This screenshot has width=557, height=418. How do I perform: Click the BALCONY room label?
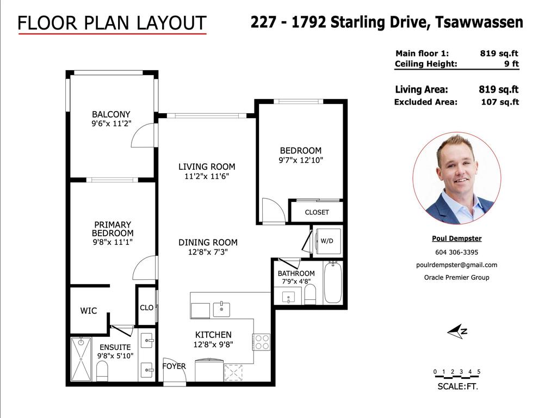(x=111, y=114)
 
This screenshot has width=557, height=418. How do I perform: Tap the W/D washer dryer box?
(x=327, y=241)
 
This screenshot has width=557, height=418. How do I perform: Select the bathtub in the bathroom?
(x=333, y=282)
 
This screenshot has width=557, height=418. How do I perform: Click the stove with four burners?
(x=262, y=342)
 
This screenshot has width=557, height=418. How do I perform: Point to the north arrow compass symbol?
(x=457, y=331)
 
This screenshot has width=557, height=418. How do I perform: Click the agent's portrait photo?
(x=457, y=179)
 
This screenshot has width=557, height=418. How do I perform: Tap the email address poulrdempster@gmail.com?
(x=457, y=265)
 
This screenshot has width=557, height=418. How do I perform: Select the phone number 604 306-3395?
(x=457, y=253)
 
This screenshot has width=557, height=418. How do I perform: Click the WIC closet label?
(x=89, y=311)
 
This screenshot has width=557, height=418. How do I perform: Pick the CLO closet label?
(x=147, y=308)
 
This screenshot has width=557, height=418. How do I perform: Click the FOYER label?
(x=174, y=366)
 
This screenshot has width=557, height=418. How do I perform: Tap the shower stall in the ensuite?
(x=81, y=359)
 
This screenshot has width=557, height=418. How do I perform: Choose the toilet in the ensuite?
(x=102, y=371)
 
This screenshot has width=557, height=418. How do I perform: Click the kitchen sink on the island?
(x=221, y=310)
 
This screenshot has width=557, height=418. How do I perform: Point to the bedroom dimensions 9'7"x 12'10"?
(x=301, y=161)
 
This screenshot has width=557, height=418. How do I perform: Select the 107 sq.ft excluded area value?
(x=500, y=102)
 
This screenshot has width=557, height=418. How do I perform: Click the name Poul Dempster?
(x=457, y=238)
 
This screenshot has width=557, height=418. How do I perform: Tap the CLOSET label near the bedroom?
(x=317, y=212)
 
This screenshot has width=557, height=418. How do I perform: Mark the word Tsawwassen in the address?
(x=479, y=22)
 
